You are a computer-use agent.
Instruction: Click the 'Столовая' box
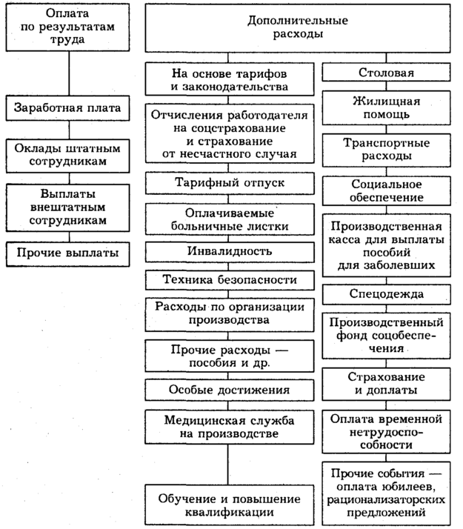386,73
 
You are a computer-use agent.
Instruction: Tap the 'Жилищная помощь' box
386,108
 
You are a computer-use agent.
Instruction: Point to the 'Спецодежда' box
386,295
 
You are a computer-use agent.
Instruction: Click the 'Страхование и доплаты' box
386,382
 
